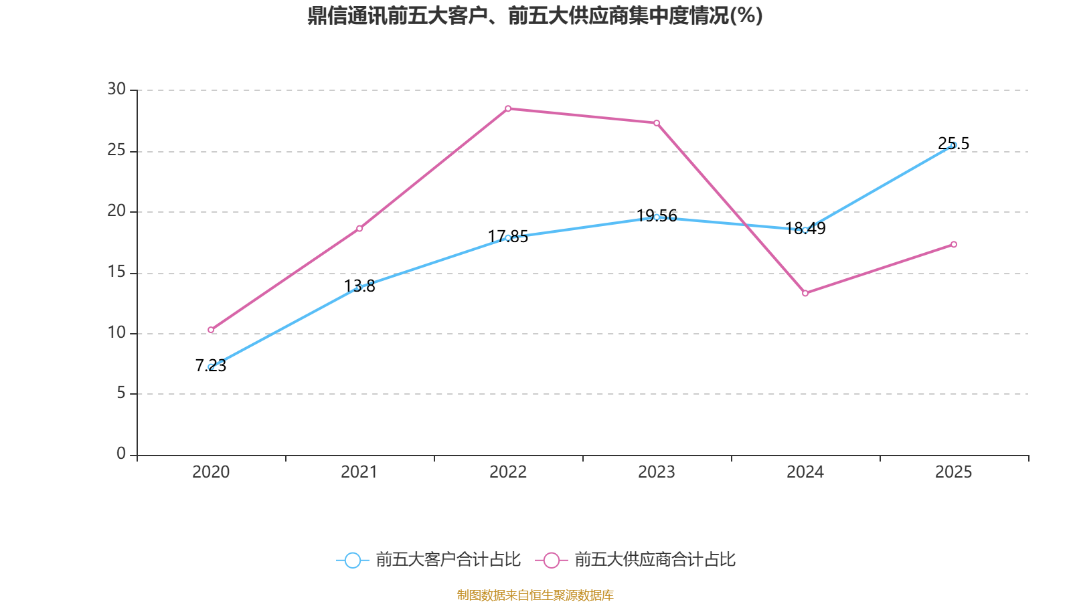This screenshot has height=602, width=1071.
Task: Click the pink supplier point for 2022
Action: (508, 108)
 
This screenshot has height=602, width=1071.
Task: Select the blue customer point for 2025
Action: (954, 145)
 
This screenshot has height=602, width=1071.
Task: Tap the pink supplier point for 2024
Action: (805, 293)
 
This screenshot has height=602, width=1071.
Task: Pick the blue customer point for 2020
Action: (211, 367)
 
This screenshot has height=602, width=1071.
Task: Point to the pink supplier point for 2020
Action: (211, 330)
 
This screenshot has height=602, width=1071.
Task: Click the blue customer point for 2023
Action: (657, 217)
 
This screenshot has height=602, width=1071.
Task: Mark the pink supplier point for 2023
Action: (657, 123)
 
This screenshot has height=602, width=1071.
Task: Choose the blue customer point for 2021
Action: (359, 287)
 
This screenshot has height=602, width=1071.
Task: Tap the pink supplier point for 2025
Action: (954, 244)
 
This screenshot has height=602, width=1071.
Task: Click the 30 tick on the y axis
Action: (116, 89)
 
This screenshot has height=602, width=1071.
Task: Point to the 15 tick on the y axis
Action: (116, 272)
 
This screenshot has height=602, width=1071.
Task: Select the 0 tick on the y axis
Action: (121, 454)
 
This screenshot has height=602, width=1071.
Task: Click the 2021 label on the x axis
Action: (359, 472)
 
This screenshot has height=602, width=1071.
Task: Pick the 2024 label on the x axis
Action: (805, 472)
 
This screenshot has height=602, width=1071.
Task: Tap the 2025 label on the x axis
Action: (954, 472)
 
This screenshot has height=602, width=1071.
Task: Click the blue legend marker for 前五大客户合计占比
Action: (352, 560)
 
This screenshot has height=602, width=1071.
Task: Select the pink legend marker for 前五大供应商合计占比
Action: (551, 560)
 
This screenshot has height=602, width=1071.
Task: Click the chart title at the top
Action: (535, 16)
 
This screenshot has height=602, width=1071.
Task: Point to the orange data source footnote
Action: (535, 595)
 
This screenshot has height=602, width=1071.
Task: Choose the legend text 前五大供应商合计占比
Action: (655, 560)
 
